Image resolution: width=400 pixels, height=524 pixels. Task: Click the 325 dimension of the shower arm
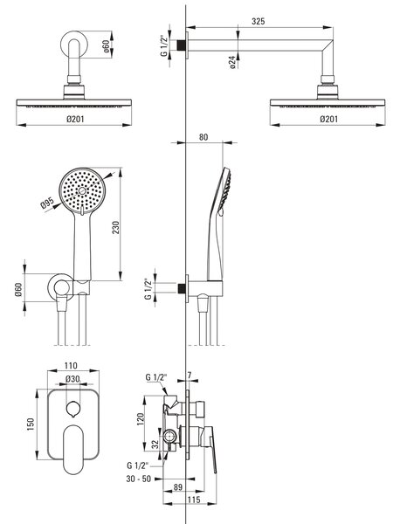(x=258, y=21)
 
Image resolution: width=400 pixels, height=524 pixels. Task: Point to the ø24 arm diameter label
(x=233, y=62)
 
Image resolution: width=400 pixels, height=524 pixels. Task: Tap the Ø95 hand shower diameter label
(x=47, y=203)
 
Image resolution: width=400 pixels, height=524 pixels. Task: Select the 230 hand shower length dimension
(x=115, y=227)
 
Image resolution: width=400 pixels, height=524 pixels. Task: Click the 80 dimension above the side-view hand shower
(x=203, y=137)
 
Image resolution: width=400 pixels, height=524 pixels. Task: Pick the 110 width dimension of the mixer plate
(x=71, y=366)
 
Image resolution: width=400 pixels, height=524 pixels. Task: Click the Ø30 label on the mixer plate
(x=72, y=379)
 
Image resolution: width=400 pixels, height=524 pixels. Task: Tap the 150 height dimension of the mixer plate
(x=31, y=424)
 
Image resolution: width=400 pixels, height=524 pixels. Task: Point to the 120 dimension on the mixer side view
(x=140, y=419)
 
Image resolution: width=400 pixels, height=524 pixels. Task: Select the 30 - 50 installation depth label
(x=138, y=479)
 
